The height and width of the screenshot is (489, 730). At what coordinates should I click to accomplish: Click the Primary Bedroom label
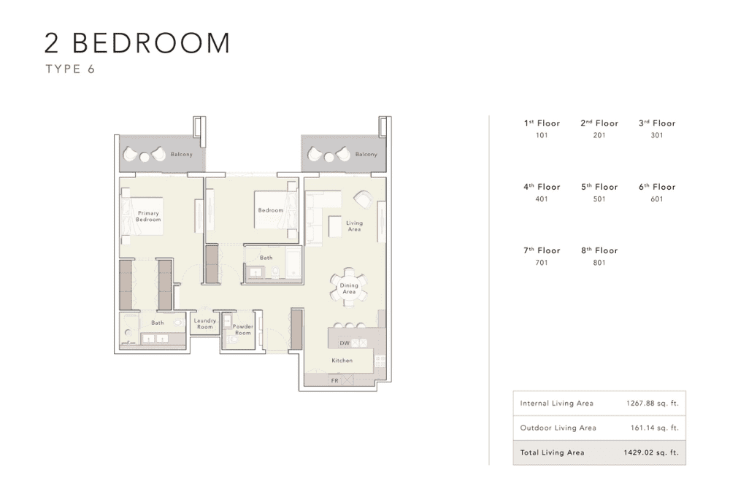[x=148, y=216]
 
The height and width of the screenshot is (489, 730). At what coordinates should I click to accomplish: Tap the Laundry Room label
[x=205, y=323]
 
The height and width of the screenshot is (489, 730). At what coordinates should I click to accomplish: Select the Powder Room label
[x=243, y=329]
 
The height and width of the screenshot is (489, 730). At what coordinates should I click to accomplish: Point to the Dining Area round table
[x=349, y=287]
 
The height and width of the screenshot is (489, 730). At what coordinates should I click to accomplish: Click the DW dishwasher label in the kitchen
[x=345, y=343]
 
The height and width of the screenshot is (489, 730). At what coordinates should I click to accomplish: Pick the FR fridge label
[x=335, y=380]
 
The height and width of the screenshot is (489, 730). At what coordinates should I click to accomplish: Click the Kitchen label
[x=342, y=361]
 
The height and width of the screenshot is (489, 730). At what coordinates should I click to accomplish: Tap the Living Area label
[x=354, y=226]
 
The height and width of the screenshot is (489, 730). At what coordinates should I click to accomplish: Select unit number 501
[x=599, y=199]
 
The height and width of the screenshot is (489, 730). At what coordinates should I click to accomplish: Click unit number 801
[x=599, y=263]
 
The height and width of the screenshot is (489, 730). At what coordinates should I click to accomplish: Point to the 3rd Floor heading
[x=657, y=123]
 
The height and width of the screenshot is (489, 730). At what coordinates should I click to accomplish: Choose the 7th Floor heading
[x=542, y=250]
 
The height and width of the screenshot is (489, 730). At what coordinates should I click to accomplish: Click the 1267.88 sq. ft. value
[x=652, y=404]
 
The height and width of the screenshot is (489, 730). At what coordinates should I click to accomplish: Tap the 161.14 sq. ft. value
[x=655, y=428]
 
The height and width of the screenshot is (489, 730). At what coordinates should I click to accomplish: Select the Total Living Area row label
[x=552, y=453]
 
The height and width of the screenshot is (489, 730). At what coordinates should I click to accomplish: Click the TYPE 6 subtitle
[x=70, y=69]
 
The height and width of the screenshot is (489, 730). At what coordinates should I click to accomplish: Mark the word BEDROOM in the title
[x=151, y=43]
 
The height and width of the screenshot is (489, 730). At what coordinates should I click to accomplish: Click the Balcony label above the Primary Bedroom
[x=182, y=155]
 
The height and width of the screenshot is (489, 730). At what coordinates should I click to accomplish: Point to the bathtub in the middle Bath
[x=293, y=263]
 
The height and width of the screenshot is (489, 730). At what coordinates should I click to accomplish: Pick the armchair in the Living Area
[x=363, y=199]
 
